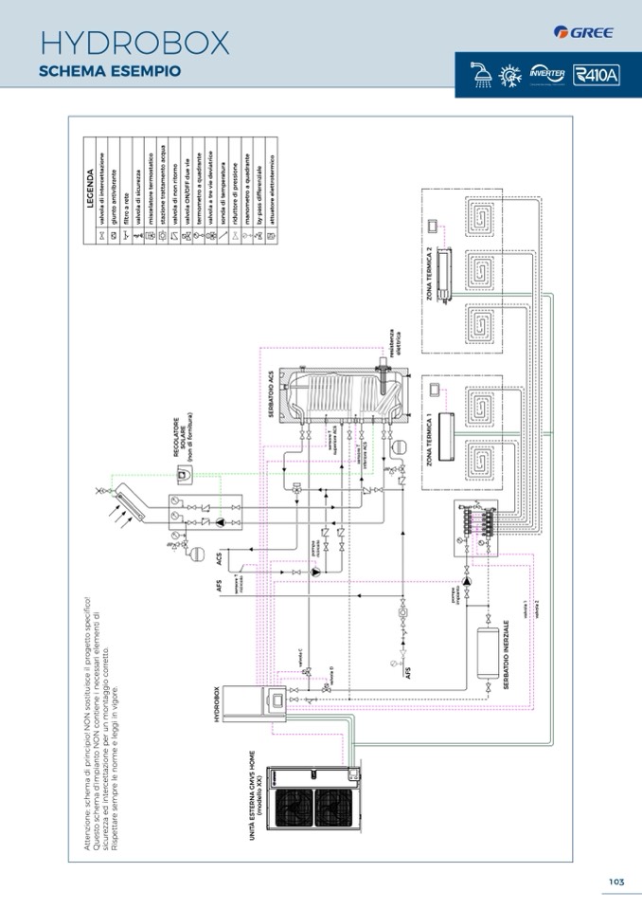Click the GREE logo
coord(584,32)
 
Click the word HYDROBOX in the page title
coord(135,43)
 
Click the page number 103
coord(616,882)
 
